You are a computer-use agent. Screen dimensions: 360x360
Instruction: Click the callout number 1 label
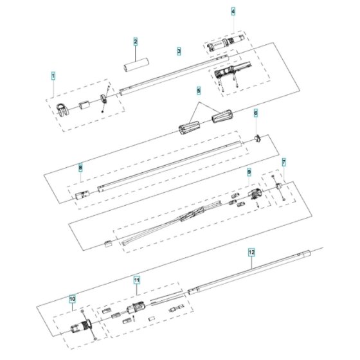coord(53,76)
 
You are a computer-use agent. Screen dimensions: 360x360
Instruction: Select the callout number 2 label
coord(136,42)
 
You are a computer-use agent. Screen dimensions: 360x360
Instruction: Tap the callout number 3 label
coord(179,51)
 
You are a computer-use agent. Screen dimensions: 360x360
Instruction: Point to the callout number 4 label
coord(233,12)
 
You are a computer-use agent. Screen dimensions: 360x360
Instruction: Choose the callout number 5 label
coord(199,91)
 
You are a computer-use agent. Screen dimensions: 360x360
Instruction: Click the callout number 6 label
coord(256,113)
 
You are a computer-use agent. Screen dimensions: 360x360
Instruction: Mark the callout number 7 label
coord(284,163)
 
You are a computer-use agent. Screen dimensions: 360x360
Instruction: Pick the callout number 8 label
coord(80,168)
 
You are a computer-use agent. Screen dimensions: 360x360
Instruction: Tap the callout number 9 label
coord(249,172)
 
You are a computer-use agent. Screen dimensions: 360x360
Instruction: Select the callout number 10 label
coord(72,299)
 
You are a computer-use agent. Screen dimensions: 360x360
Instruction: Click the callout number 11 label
coord(137,280)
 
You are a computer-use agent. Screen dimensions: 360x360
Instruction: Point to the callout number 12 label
coord(251,252)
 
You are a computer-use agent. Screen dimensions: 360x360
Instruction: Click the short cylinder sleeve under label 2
coord(136,64)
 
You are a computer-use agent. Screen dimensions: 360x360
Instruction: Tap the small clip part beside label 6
coord(258,139)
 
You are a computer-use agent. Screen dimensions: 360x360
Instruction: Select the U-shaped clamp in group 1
coord(62,110)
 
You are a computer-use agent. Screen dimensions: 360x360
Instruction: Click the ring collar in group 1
coord(104,98)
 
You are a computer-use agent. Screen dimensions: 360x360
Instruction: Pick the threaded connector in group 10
coord(82,325)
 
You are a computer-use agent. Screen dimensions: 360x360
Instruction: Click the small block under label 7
coord(278,186)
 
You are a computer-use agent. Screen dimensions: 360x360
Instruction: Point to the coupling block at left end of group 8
coord(82,195)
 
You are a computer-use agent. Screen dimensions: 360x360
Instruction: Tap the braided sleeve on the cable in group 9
coord(192,214)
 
